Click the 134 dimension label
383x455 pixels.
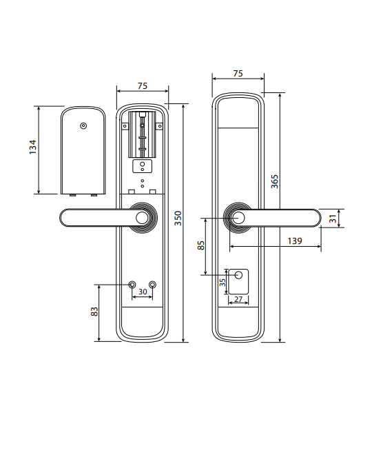tap(33, 147)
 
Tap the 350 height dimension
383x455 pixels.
tap(178, 219)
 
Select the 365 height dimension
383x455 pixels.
tap(274, 181)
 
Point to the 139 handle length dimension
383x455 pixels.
tap(295, 241)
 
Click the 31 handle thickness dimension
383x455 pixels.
tap(333, 219)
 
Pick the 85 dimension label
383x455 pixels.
tap(200, 245)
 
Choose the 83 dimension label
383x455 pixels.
tap(94, 312)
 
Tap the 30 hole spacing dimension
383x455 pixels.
tap(143, 292)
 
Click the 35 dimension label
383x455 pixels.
tap(222, 283)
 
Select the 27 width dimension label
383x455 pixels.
tap(238, 299)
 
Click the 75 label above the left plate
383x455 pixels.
tap(143, 86)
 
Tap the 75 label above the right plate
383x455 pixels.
tap(238, 73)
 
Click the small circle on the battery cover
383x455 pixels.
tap(83, 126)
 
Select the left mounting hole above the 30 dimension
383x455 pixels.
tap(132, 284)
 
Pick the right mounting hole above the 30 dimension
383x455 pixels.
tap(152, 284)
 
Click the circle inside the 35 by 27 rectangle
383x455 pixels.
tap(238, 275)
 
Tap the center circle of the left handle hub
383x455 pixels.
tap(142, 218)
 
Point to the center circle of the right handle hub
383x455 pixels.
tap(238, 218)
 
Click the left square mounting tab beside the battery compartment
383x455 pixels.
tap(125, 126)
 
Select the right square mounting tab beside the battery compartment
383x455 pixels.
tap(159, 126)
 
